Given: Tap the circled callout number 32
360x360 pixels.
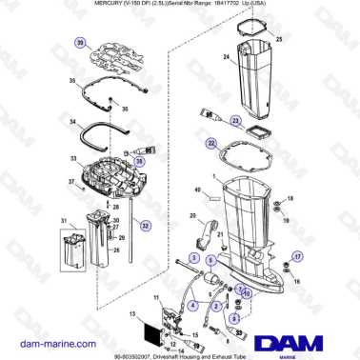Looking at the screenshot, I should click(145, 226).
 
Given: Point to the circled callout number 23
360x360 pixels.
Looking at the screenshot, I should click(230, 120).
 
